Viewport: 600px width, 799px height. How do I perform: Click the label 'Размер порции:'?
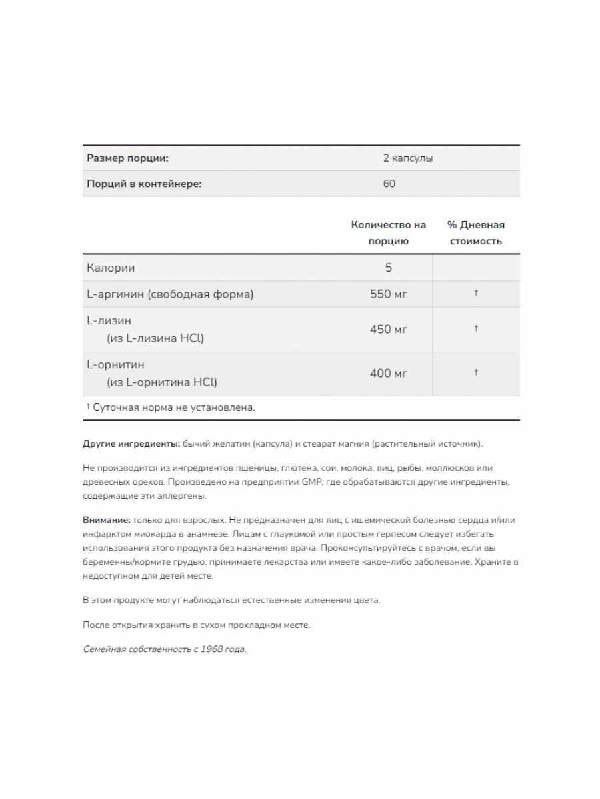pos(127,158)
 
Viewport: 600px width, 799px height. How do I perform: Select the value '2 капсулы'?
pos(408,158)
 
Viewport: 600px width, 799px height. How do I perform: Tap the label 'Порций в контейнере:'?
pos(144,184)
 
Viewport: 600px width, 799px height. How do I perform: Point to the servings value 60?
pos(389,184)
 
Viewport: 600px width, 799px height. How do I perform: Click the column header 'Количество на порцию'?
pos(388,233)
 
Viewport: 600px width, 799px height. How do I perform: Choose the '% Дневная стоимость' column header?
pos(476,233)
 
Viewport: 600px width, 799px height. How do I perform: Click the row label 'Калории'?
pos(111,268)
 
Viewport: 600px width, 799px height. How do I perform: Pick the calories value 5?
pos(389,268)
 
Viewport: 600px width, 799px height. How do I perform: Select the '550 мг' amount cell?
pos(389,294)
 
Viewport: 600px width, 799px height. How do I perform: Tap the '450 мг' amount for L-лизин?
pos(389,329)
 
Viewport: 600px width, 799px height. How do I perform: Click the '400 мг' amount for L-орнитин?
pos(389,373)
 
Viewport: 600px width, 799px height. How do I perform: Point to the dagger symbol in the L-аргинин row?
pos(476,293)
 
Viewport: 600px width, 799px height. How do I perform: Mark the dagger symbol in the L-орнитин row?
pos(476,372)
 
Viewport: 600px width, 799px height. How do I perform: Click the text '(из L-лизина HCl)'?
pos(155,338)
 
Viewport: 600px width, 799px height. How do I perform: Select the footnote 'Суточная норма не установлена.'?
pos(173,407)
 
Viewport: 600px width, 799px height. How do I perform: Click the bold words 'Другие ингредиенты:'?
pos(131,444)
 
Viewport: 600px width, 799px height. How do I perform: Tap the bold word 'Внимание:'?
pos(107,520)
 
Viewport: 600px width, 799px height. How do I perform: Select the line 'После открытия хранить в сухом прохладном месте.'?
pos(197,625)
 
